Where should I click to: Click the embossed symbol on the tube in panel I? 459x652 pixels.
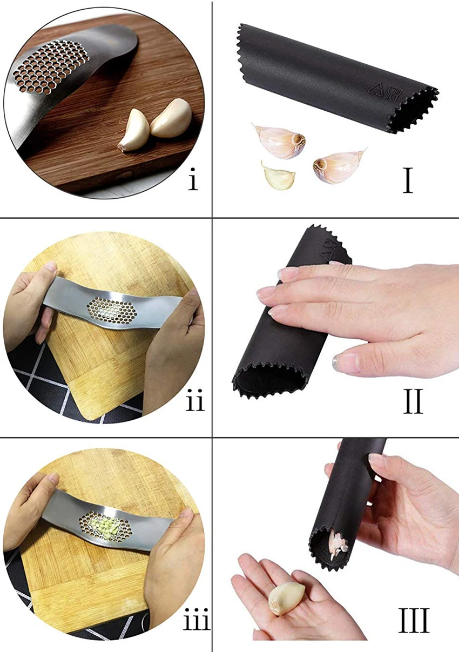click(x=385, y=92)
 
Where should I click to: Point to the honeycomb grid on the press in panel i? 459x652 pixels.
click(x=51, y=67)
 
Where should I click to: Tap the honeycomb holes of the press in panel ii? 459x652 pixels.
click(x=112, y=312)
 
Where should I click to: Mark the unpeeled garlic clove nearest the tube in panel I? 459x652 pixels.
click(x=279, y=141)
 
